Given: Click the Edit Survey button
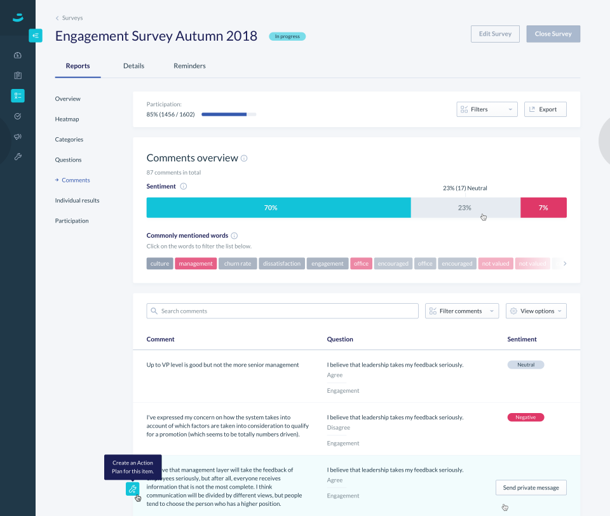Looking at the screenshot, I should tap(495, 34).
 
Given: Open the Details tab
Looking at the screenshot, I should tap(133, 66).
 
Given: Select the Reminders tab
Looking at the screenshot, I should tap(189, 66).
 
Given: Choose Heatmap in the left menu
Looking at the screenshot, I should tap(67, 119).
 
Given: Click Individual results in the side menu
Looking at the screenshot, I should tap(77, 201).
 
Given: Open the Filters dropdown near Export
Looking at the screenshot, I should tap(487, 109).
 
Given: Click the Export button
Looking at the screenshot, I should tap(545, 109).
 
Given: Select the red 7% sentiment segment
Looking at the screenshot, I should tap(543, 208).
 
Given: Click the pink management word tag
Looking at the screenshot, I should tap(196, 264).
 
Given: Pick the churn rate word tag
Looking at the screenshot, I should tap(238, 264).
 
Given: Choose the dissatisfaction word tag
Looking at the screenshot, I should tap(281, 264).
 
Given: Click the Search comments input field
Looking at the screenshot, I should tap(282, 311).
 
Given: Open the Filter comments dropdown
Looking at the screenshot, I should tap(462, 311).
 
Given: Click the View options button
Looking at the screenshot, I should tap(536, 311).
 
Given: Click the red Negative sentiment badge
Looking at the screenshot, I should tap(525, 418).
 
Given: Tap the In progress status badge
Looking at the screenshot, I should tap(287, 36).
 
